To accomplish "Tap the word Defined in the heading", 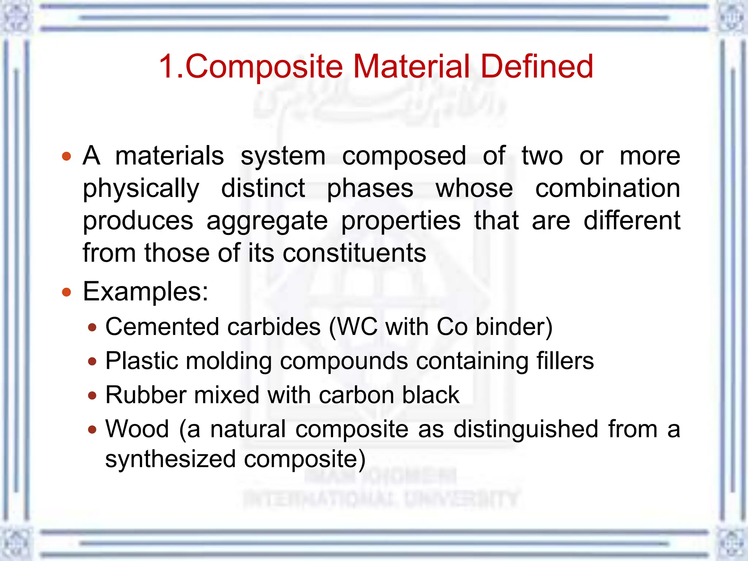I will tap(537, 66).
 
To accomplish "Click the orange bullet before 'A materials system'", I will tap(66, 157).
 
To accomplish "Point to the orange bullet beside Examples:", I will tap(66, 292).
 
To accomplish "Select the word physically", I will tap(141, 189).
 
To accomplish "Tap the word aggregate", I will tap(267, 221).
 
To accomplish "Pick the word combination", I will tap(607, 188).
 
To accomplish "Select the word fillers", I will tap(565, 361).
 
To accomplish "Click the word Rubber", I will tap(146, 395).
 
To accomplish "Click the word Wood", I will tap(137, 429).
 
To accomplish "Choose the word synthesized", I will tap(170, 459).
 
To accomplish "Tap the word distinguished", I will tap(526, 429).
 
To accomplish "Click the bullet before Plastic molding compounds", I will tap(92, 362).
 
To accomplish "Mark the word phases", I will tap(370, 189).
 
